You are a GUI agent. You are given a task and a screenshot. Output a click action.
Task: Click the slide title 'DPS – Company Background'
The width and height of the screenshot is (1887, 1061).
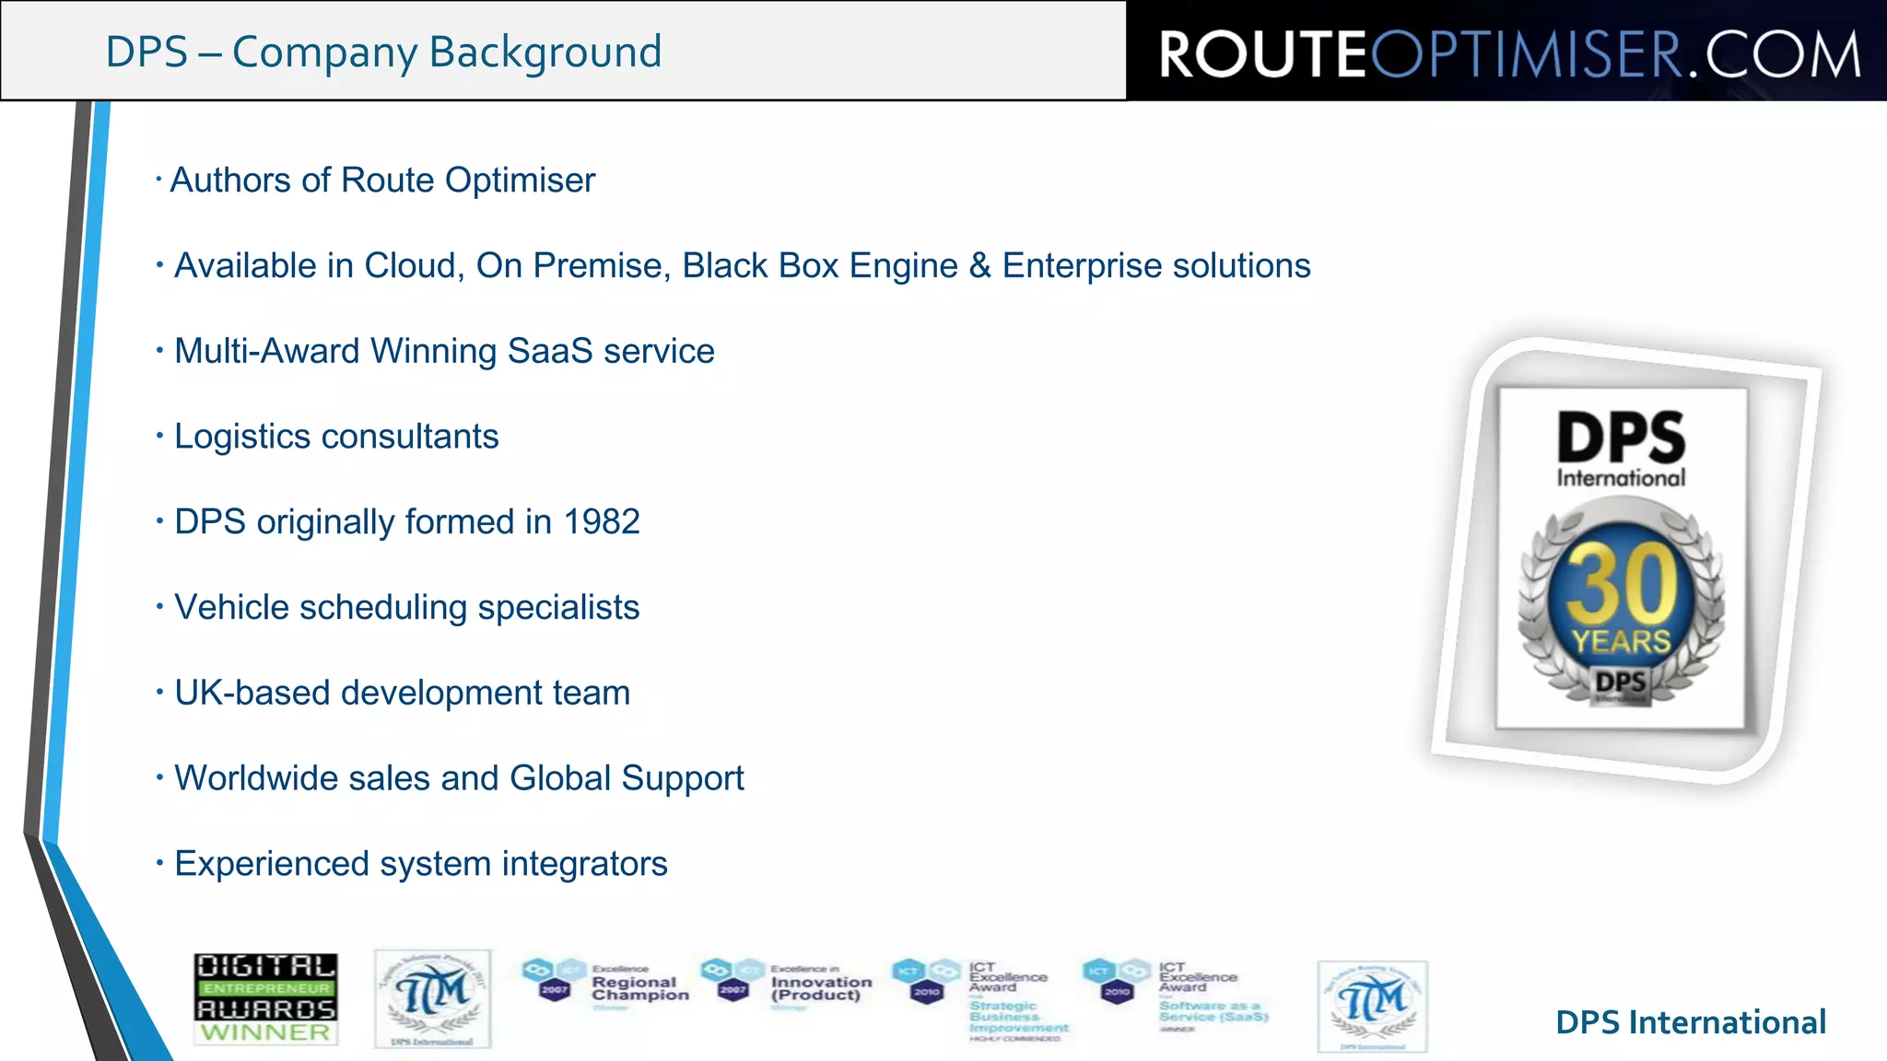pyautogui.click(x=383, y=52)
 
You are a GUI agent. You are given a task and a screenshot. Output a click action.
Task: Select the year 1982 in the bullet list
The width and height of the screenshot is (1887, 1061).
pyautogui.click(x=602, y=522)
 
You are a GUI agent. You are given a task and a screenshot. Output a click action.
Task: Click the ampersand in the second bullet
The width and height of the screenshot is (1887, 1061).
pyautogui.click(x=979, y=265)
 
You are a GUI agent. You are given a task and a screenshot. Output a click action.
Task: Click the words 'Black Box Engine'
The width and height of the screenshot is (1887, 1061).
pyautogui.click(x=820, y=265)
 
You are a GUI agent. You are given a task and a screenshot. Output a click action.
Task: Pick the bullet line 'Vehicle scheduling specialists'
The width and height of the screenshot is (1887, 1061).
pyautogui.click(x=406, y=608)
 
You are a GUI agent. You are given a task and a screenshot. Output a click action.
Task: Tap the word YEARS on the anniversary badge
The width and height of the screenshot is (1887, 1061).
pyautogui.click(x=1621, y=641)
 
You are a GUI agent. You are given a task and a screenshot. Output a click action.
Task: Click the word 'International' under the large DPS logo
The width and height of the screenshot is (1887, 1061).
pyautogui.click(x=1621, y=478)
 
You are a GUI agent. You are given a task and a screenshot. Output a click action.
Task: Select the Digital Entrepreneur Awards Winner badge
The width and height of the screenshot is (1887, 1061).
pyautogui.click(x=265, y=998)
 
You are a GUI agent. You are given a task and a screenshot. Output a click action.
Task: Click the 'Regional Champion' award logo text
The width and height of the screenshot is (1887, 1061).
pyautogui.click(x=639, y=988)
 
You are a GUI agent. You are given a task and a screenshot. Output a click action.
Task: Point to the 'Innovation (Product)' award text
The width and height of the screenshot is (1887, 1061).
pyautogui.click(x=820, y=988)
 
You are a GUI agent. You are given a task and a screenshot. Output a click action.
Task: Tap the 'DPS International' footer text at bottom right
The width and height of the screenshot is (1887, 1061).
pyautogui.click(x=1690, y=1022)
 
